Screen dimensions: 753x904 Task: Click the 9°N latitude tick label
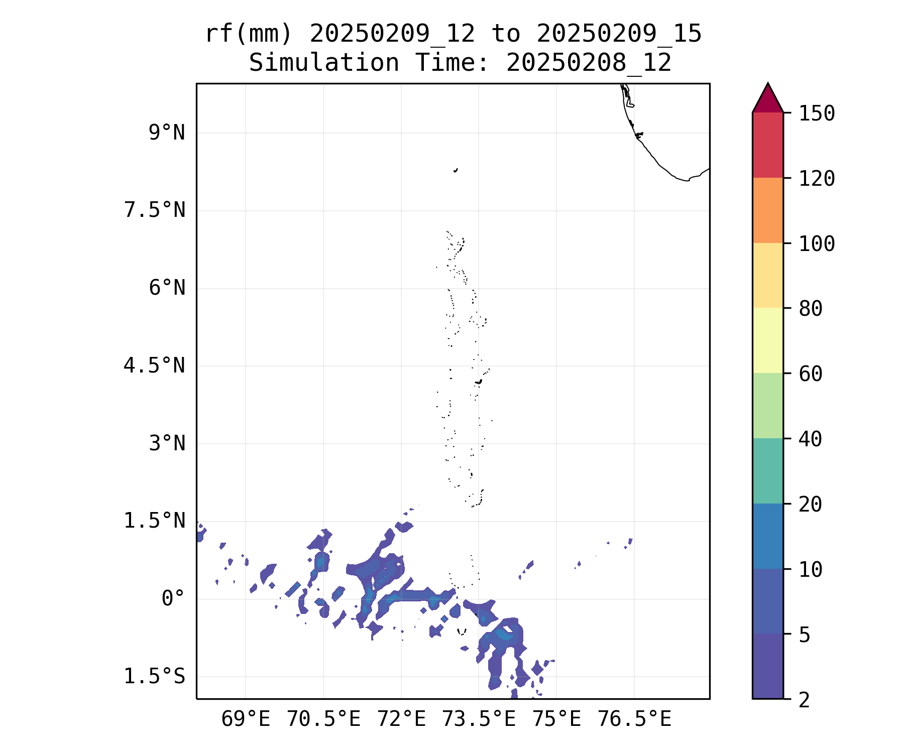pos(167,133)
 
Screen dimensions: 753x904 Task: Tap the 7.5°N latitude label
pos(155,210)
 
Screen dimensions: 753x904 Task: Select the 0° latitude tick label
pos(173,598)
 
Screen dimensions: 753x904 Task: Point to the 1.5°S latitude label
pos(155,677)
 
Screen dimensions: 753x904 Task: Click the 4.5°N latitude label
pos(155,365)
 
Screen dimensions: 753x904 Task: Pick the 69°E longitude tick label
pos(246,719)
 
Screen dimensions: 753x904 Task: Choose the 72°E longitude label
pos(401,719)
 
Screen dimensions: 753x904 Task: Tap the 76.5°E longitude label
pos(634,719)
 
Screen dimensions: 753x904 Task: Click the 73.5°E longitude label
pos(479,719)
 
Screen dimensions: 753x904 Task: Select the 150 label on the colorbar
pos(817,113)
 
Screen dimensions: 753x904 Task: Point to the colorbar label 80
pos(811,309)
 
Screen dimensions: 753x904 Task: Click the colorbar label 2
pos(804,700)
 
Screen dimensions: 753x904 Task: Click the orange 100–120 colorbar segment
pos(767,210)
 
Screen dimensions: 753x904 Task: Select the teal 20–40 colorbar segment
pos(767,471)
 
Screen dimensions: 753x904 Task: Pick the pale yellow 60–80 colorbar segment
pos(767,340)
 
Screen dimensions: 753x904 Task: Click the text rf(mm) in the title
pos(249,34)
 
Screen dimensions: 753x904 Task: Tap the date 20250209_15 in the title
pos(619,34)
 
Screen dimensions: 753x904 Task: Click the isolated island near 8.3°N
pos(456,170)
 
